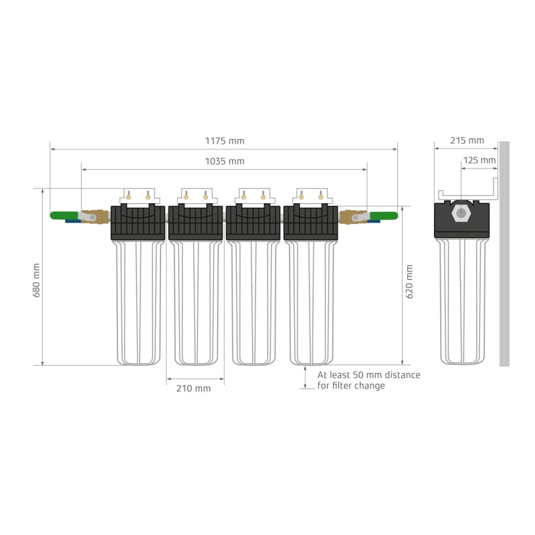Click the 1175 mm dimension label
[225, 141]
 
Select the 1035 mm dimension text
[225, 161]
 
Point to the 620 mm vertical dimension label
[409, 282]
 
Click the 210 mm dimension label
[193, 389]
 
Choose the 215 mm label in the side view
[466, 140]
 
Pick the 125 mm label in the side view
[479, 160]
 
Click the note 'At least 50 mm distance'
[368, 375]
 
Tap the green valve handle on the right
[384, 215]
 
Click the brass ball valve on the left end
[94, 217]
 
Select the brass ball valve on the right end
[352, 217]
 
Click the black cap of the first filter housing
[137, 222]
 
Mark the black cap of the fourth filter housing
[311, 222]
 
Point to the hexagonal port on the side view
[461, 213]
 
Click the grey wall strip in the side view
[504, 254]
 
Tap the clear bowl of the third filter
[253, 301]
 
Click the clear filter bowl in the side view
[461, 301]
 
